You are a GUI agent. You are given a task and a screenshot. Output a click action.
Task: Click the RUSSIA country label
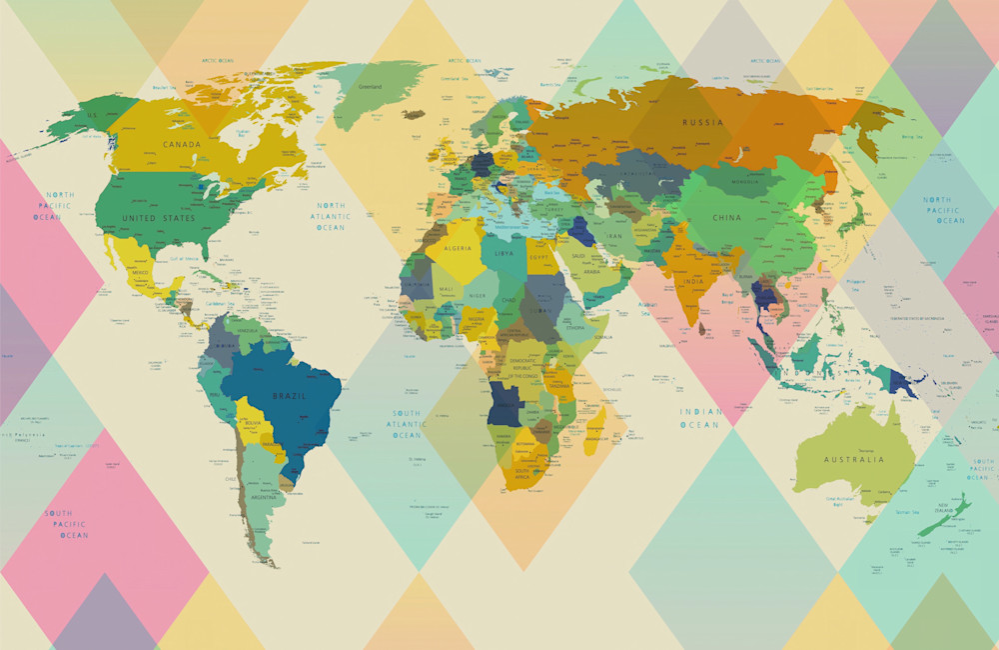(x=702, y=122)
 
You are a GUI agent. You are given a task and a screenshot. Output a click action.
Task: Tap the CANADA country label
(x=182, y=144)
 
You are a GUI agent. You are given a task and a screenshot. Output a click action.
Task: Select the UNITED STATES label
(x=159, y=217)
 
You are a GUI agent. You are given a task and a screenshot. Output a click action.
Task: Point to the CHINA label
(x=727, y=217)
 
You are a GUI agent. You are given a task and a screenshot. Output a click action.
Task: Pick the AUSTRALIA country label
(x=853, y=460)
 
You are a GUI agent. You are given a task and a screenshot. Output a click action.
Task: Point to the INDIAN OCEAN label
(x=699, y=418)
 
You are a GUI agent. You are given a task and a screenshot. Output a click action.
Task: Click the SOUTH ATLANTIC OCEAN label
(x=407, y=424)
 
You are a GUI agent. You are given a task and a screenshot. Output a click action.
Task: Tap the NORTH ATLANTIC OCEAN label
(x=330, y=216)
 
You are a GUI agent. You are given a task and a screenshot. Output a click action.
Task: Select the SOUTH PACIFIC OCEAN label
(x=66, y=524)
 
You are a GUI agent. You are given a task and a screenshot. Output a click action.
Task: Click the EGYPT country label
(x=539, y=257)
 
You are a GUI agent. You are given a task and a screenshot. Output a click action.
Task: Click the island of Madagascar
(x=596, y=432)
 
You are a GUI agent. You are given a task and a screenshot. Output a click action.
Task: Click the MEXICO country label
(x=140, y=272)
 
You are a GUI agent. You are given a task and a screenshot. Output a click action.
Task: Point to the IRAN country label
(x=614, y=237)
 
